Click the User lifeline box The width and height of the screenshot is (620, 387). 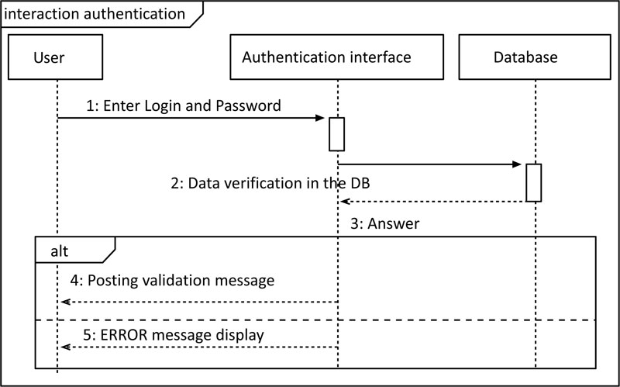click(55, 57)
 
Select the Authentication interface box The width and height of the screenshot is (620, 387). click(336, 57)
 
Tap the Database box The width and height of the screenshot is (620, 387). click(535, 57)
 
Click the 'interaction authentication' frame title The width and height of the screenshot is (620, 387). click(95, 14)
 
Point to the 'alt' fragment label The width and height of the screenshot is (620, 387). click(60, 251)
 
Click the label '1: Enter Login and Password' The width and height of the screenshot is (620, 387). click(184, 105)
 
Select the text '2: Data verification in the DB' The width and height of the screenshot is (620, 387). click(270, 183)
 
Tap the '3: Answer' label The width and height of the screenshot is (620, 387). click(384, 223)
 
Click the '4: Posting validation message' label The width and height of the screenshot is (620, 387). click(172, 281)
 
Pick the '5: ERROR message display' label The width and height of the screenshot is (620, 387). click(174, 335)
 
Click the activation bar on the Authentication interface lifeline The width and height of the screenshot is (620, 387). click(336, 134)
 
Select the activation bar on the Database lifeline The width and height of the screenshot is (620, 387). click(533, 183)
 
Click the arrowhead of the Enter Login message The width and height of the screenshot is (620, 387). click(320, 118)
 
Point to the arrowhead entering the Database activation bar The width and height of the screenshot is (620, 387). click(517, 164)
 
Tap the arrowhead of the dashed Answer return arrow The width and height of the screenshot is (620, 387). click(345, 202)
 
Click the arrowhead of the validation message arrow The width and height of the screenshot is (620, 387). click(66, 302)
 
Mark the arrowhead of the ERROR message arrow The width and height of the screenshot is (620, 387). click(66, 347)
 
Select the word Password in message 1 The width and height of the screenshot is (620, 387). click(248, 105)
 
